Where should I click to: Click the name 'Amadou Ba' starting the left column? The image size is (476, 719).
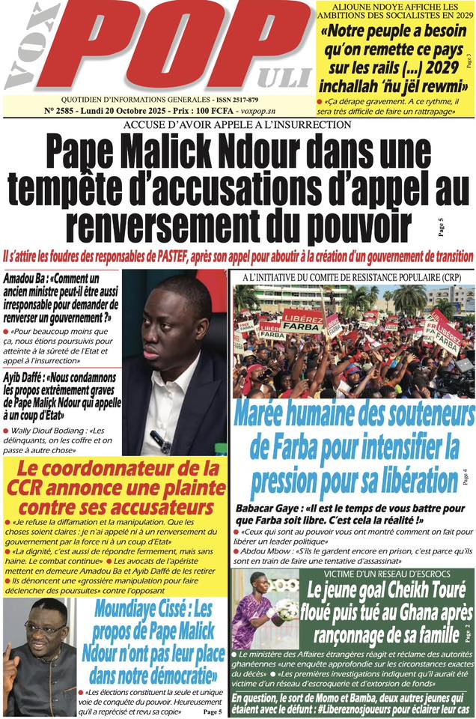(x=24, y=277)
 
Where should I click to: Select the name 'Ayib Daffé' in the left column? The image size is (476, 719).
(x=26, y=354)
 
